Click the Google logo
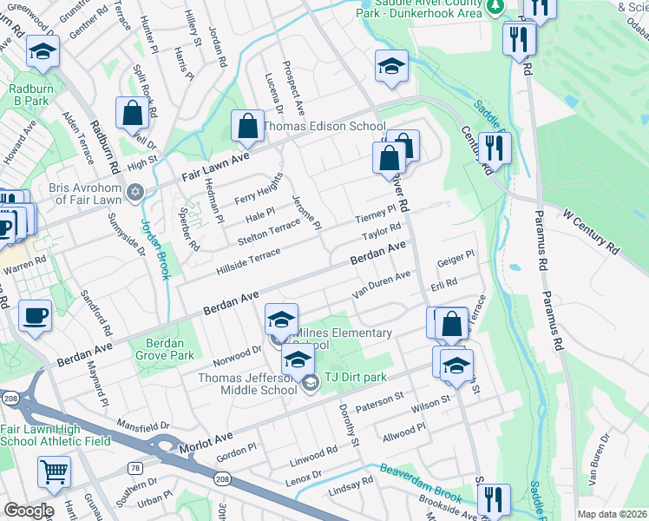coord(29,511)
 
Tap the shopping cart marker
coord(54,474)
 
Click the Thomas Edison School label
coord(324,126)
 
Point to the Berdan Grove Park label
coord(165,349)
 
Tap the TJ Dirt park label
coord(355,377)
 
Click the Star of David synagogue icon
coord(134,192)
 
